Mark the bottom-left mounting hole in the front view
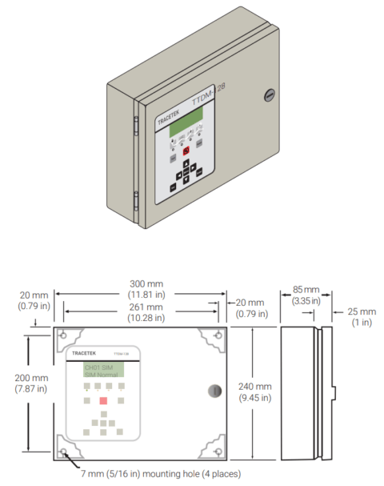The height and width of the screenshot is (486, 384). click(62, 453)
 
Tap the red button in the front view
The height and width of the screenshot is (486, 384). click(102, 400)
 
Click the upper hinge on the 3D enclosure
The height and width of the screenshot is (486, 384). click(135, 125)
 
